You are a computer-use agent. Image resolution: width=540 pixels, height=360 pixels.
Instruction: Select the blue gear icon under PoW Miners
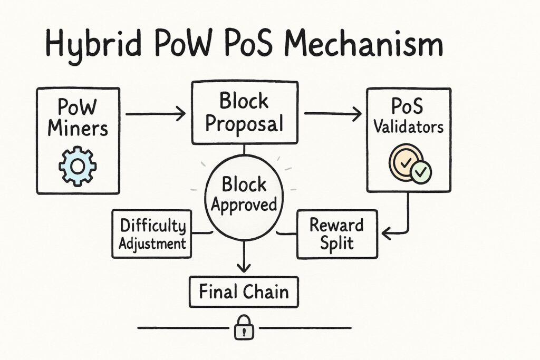coord(78,165)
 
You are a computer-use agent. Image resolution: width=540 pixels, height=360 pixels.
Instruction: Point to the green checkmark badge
coord(421,172)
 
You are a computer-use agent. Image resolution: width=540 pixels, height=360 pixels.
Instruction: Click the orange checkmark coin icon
coord(405,162)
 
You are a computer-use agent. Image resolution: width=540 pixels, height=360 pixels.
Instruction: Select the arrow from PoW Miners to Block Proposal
coord(155,113)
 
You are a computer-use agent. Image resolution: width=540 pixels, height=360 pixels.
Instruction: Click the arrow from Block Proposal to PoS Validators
coord(333,113)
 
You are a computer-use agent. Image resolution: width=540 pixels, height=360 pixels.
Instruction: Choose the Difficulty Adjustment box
coord(152,234)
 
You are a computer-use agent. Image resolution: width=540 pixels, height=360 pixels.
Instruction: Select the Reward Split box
coord(336,234)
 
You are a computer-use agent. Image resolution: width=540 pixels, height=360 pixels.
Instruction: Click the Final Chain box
coord(244,291)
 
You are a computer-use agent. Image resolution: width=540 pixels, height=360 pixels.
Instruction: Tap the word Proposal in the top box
coord(244,124)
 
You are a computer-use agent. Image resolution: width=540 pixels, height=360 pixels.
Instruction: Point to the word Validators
coord(409,127)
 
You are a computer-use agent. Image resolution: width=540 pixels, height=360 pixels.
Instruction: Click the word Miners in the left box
coord(78,128)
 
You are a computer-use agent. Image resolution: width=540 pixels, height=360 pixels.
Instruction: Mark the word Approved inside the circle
coord(244,205)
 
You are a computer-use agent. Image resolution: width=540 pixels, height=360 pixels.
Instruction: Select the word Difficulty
coord(153,226)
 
